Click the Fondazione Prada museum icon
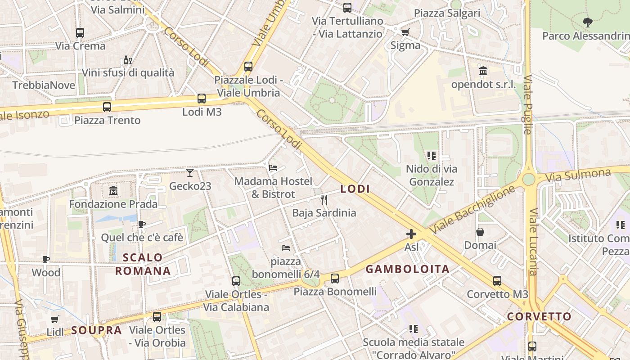pos(113,191)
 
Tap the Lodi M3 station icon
pos(202,99)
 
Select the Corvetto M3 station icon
pos(497,281)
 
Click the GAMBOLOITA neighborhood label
pos(407,269)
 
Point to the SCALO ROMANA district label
pos(143,264)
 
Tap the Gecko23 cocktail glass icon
pos(190,173)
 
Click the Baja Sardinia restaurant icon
pos(324,199)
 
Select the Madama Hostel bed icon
pos(273,168)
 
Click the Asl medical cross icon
pos(411,234)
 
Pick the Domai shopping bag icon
pos(480,232)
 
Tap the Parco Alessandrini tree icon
pos(587,22)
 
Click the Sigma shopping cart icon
pos(405,32)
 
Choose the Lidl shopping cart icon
pos(55,319)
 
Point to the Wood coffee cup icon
pos(45,259)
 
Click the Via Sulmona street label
pos(578,175)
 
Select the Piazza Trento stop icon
pos(107,107)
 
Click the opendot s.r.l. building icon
pos(483,71)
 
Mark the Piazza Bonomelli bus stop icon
pos(335,279)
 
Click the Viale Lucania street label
pos(533,242)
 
